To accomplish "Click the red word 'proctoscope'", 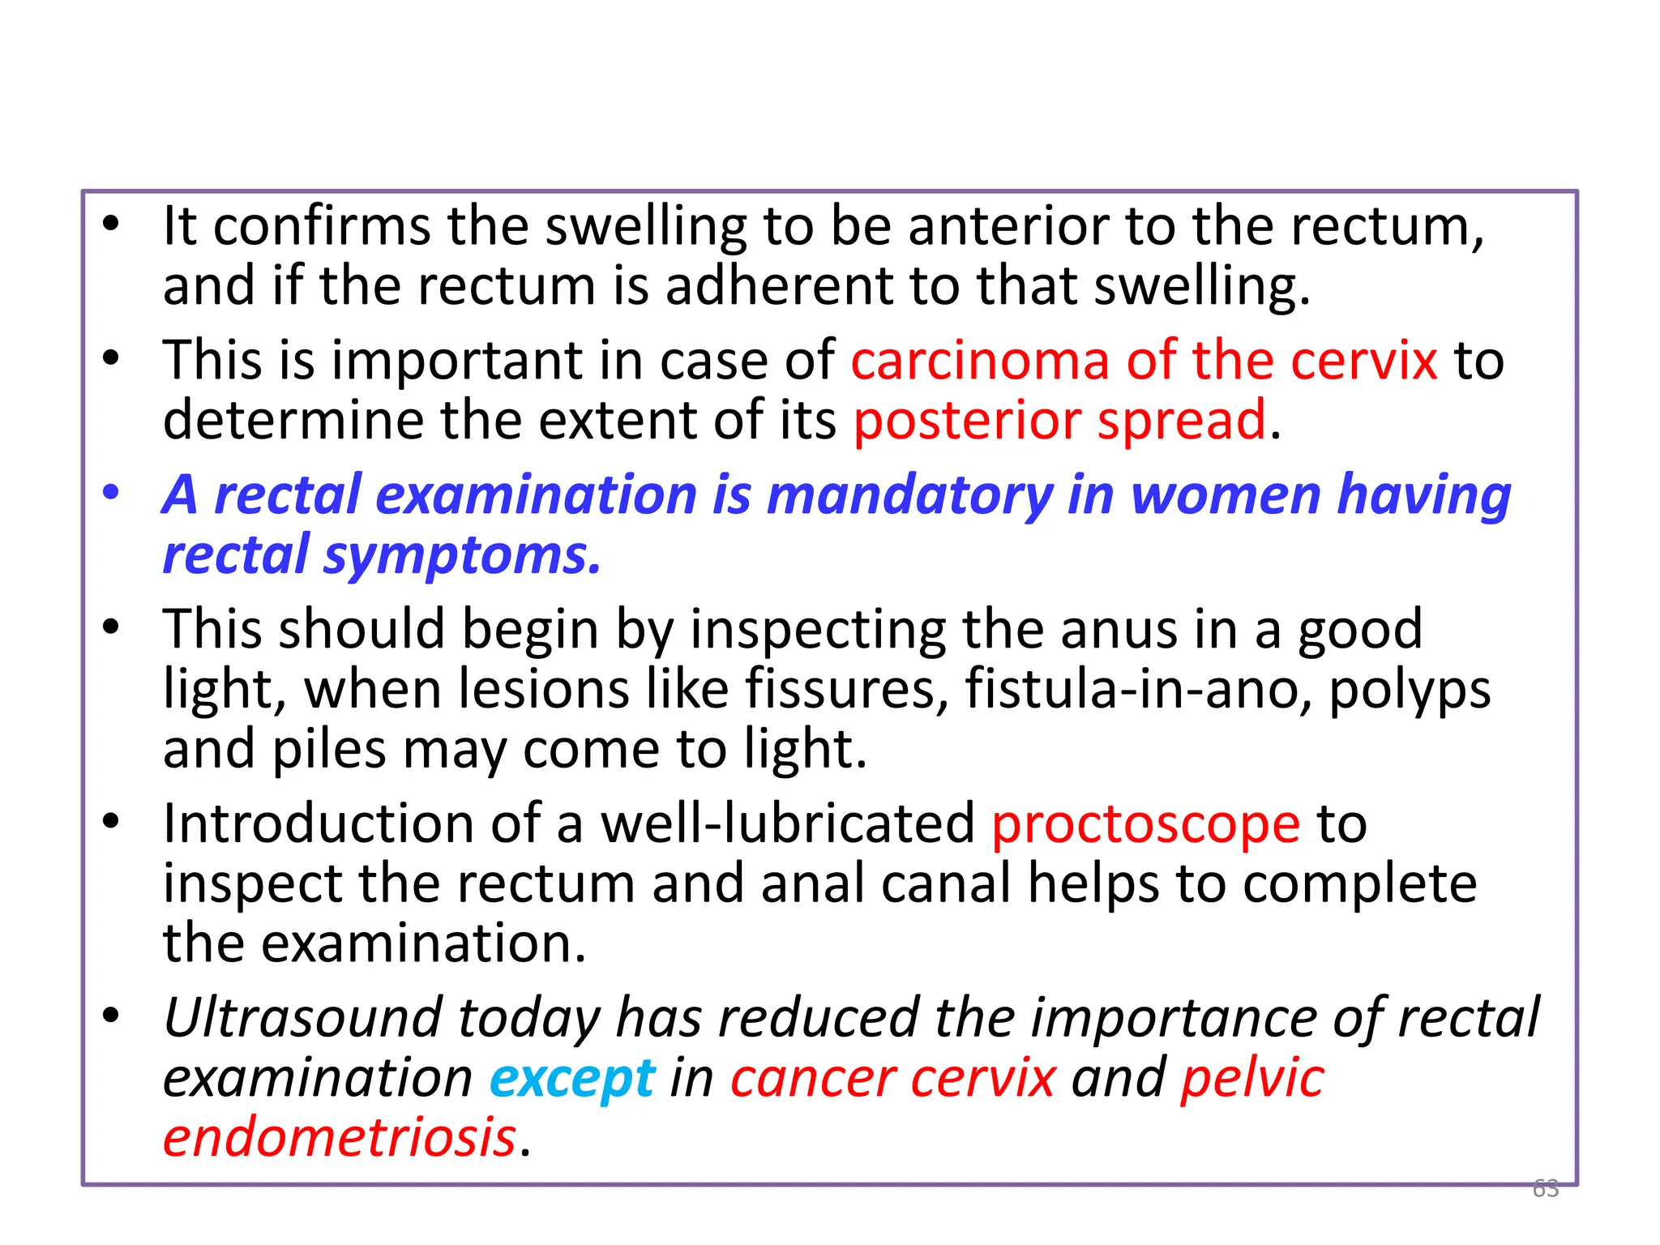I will pyautogui.click(x=1145, y=825).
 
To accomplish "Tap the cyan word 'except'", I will pyautogui.click(x=571, y=1080).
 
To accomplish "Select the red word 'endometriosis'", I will pyautogui.click(x=340, y=1137).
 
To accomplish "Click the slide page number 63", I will pyautogui.click(x=1545, y=1188).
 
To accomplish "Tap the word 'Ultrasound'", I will pyautogui.click(x=303, y=1018).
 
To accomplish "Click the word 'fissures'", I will pyautogui.click(x=846, y=689).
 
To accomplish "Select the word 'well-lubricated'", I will pyautogui.click(x=788, y=825).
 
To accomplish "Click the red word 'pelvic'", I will pyautogui.click(x=1252, y=1080).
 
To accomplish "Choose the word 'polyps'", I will pyautogui.click(x=1410, y=691).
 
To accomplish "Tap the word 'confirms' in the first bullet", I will pyautogui.click(x=322, y=226).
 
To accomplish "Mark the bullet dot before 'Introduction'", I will pyautogui.click(x=111, y=821).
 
